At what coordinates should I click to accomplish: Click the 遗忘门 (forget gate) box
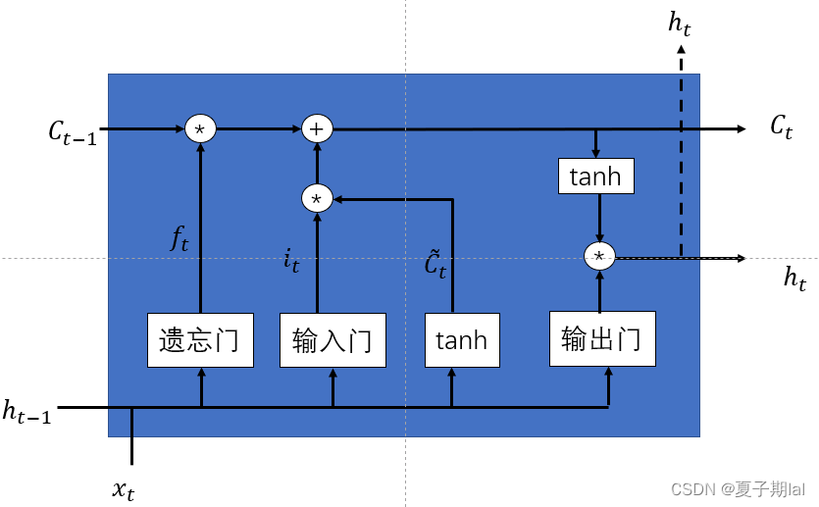pyautogui.click(x=200, y=340)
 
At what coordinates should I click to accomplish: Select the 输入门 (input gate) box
pyautogui.click(x=333, y=340)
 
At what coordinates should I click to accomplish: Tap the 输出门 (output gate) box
pyautogui.click(x=601, y=338)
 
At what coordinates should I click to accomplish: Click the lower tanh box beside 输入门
pyautogui.click(x=461, y=340)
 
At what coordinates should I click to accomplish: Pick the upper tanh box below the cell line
pyautogui.click(x=595, y=177)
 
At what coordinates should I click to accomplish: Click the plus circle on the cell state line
pyautogui.click(x=317, y=128)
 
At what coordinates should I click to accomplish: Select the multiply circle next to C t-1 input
pyautogui.click(x=200, y=128)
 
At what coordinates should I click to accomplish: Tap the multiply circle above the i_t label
pyautogui.click(x=316, y=199)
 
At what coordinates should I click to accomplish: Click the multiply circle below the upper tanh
pyautogui.click(x=598, y=257)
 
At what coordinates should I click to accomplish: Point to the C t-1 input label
pyautogui.click(x=72, y=131)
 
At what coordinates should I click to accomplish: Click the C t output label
pyautogui.click(x=781, y=127)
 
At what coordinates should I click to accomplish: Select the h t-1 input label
pyautogui.click(x=26, y=412)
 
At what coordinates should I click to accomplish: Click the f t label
pyautogui.click(x=179, y=238)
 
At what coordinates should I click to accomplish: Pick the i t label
pyautogui.click(x=291, y=261)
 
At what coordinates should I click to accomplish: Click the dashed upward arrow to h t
pyautogui.click(x=680, y=147)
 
